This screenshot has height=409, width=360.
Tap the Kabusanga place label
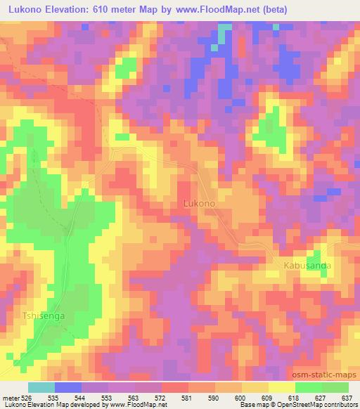click(x=307, y=266)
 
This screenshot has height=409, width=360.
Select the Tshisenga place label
click(x=44, y=316)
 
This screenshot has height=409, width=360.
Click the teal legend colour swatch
click(x=41, y=387)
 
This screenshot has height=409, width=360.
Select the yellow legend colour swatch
click(x=281, y=387)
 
